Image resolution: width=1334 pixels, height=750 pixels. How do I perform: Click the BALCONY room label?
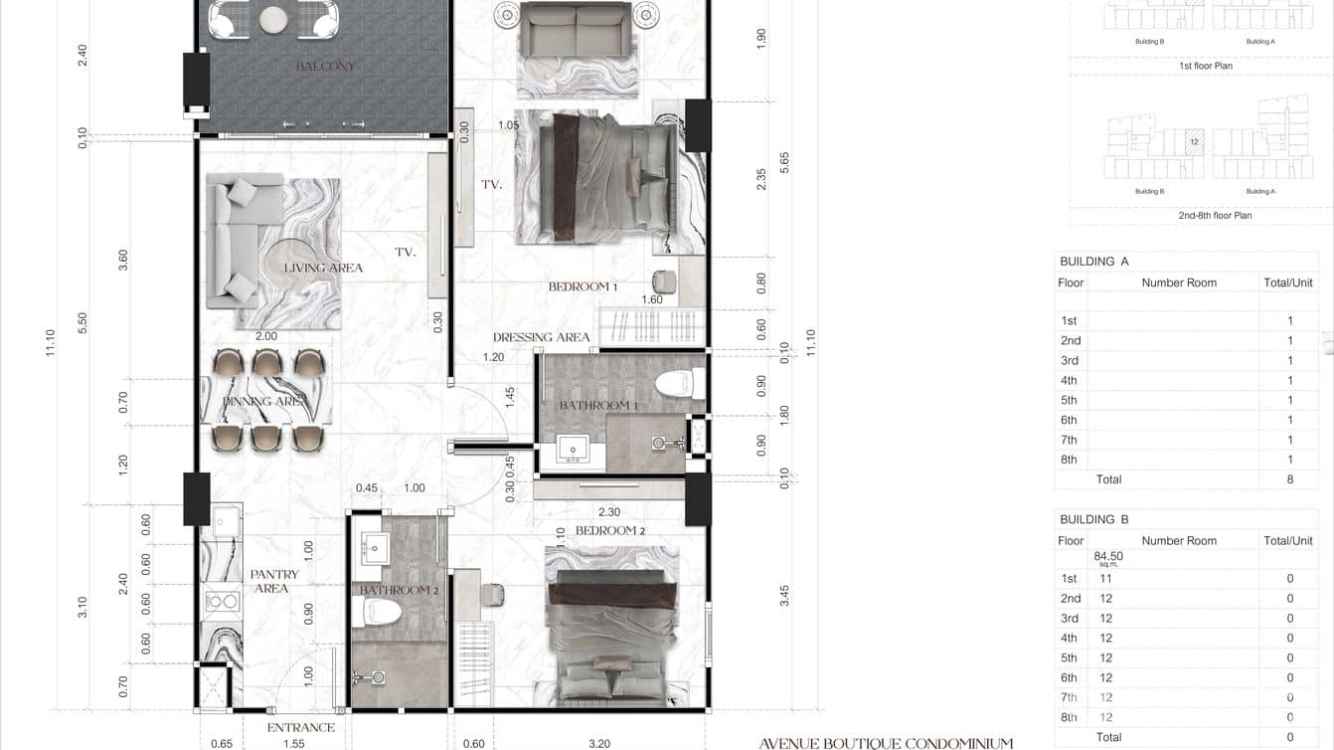(x=325, y=67)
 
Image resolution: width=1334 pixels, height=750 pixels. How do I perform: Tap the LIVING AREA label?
(x=323, y=268)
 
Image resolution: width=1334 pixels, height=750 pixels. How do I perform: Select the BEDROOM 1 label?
(x=583, y=286)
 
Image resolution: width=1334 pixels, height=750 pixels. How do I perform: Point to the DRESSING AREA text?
(x=541, y=337)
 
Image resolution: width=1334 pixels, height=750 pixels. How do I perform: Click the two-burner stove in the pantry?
(x=221, y=601)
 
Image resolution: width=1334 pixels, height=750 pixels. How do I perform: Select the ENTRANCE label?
(x=300, y=727)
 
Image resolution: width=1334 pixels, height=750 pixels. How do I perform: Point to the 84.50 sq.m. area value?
(x=1107, y=558)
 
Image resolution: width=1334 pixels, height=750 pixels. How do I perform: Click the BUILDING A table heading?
(x=1093, y=262)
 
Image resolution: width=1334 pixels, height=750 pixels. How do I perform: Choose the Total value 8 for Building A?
(x=1289, y=479)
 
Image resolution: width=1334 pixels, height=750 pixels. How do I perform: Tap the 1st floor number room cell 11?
(x=1105, y=578)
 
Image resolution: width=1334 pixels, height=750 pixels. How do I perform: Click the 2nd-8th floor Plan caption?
(x=1215, y=215)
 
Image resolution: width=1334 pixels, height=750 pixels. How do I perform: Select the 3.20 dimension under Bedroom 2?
(x=598, y=743)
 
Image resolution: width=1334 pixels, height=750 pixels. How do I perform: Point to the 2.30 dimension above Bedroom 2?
(x=608, y=513)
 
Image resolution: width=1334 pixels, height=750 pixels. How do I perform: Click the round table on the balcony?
(x=273, y=18)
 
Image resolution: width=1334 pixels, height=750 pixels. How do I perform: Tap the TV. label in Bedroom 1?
(x=491, y=185)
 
